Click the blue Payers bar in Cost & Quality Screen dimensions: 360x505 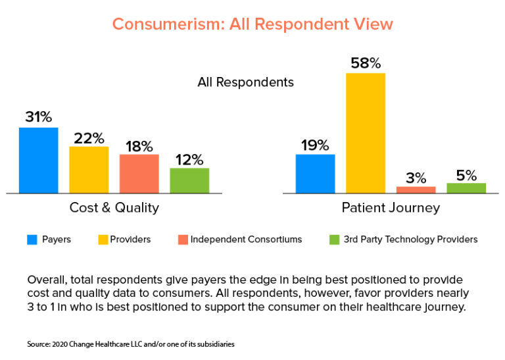click(38, 160)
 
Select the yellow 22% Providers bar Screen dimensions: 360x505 click(89, 170)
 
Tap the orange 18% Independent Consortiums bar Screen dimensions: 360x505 click(139, 174)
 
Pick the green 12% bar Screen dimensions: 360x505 click(189, 180)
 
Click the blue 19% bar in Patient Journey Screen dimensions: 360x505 click(315, 174)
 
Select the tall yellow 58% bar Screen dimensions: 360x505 click(366, 133)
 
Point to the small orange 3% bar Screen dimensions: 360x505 click(416, 190)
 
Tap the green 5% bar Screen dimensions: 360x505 click(466, 188)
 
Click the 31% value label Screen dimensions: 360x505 click(38, 117)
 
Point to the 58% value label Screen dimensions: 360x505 click(366, 63)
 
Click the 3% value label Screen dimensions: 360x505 click(416, 178)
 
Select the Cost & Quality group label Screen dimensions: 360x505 click(114, 208)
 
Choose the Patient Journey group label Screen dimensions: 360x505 click(391, 208)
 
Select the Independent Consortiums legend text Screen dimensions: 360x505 click(246, 240)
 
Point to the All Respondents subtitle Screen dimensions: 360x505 click(245, 83)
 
